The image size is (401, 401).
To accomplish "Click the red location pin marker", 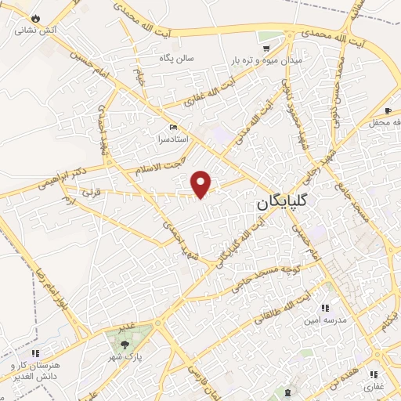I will [x=202, y=183].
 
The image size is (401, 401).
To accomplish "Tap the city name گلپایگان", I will [x=284, y=201].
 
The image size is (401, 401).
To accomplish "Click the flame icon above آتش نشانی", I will [x=34, y=17].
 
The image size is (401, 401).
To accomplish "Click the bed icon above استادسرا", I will [x=173, y=128].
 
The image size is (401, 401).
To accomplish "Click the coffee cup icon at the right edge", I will [x=388, y=111].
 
